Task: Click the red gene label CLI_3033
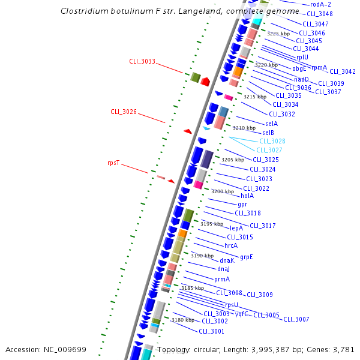tap(142, 61)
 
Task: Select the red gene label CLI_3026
tap(124, 112)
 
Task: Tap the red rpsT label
tap(114, 163)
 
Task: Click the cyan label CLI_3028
tap(271, 141)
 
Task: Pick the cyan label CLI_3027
tap(269, 150)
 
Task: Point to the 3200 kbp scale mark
tap(222, 191)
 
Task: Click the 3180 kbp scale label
tap(183, 320)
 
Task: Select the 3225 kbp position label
tap(278, 34)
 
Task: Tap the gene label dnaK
tap(227, 260)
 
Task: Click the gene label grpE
tap(247, 257)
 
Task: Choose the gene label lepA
tap(236, 228)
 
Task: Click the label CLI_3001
tap(211, 331)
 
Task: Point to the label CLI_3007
tap(296, 319)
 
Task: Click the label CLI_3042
tap(343, 71)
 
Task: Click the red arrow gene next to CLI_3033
tap(205, 81)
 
